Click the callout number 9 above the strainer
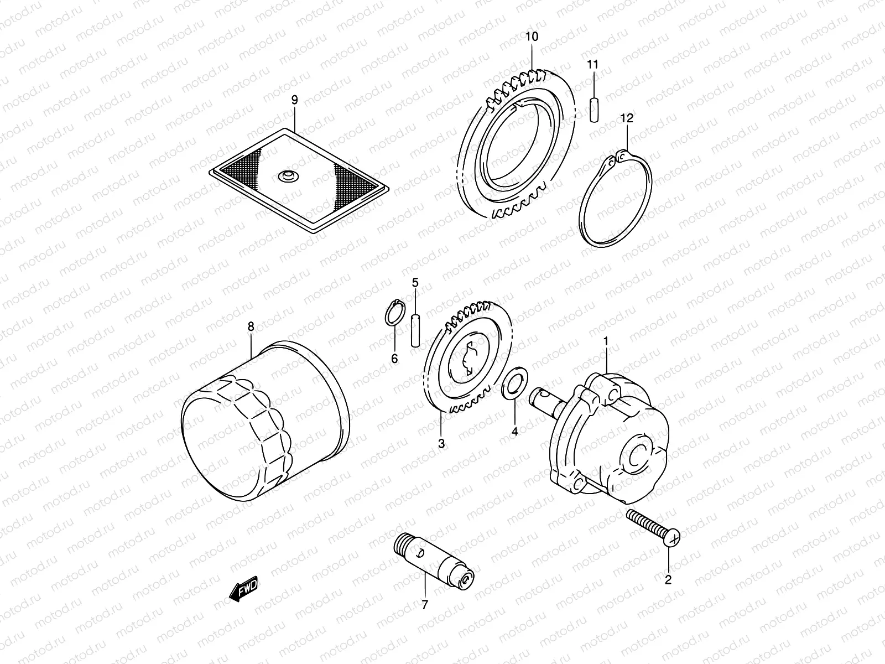coord(294,100)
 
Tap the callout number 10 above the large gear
coord(531,37)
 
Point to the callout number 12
coord(627,118)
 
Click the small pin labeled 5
coord(415,330)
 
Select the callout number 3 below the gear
coord(441,443)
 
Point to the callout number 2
coord(668,580)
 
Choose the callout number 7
coord(424,605)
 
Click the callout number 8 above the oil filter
coord(251,327)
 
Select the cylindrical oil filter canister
coord(265,426)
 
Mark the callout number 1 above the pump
coord(606,341)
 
